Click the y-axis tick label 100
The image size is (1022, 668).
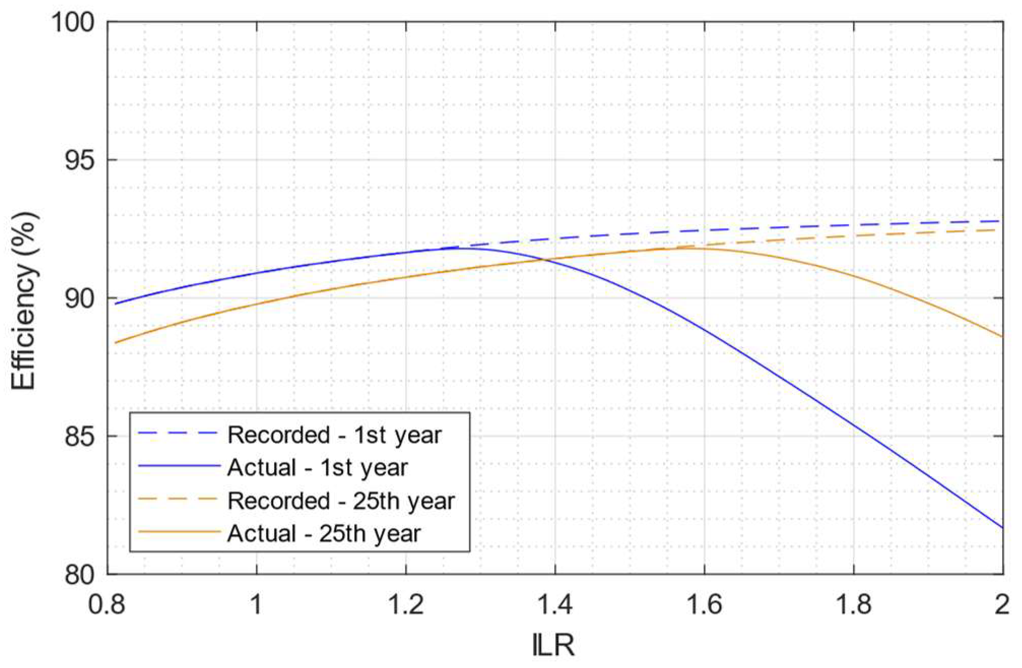(74, 23)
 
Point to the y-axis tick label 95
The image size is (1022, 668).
(80, 161)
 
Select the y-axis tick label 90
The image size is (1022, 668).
(80, 299)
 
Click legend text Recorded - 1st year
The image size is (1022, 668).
(335, 435)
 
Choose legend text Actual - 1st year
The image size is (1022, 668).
(318, 468)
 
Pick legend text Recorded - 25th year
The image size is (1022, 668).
(341, 501)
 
